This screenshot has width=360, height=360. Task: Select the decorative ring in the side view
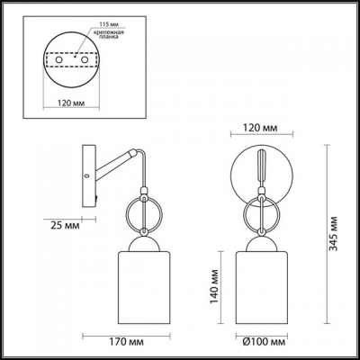(142, 215)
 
